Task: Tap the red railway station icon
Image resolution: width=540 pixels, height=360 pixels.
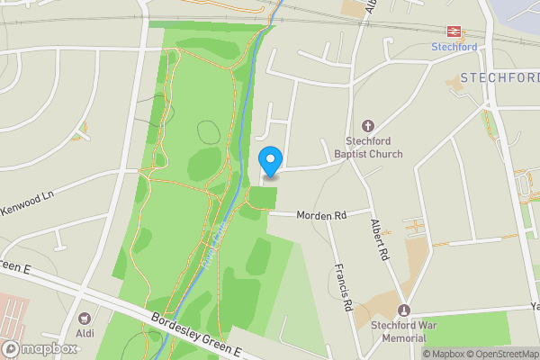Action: [454, 31]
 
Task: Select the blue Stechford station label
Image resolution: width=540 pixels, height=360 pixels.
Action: [454, 47]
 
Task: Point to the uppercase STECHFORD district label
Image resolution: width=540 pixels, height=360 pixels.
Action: [499, 78]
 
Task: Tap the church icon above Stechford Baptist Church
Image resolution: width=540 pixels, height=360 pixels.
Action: [367, 126]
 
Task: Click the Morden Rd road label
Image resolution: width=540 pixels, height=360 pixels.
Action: [320, 216]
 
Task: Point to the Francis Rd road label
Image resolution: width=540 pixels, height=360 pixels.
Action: [341, 287]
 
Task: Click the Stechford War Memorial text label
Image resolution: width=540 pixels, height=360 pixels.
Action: [392, 331]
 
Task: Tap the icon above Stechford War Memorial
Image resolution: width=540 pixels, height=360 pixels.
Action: [403, 310]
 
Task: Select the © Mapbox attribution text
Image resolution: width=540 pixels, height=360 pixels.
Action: [444, 354]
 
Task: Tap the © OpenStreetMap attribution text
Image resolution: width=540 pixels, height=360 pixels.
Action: [502, 354]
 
